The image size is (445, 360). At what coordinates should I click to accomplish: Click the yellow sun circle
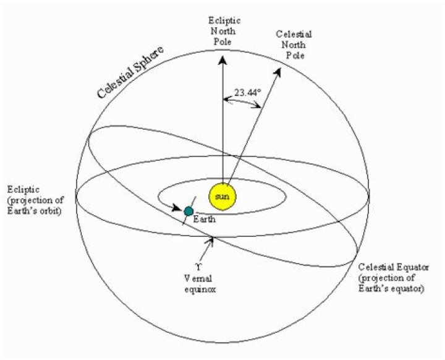pos(222,197)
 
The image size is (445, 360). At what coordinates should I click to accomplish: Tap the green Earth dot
pos(189,212)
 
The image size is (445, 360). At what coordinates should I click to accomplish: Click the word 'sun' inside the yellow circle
pos(222,197)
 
